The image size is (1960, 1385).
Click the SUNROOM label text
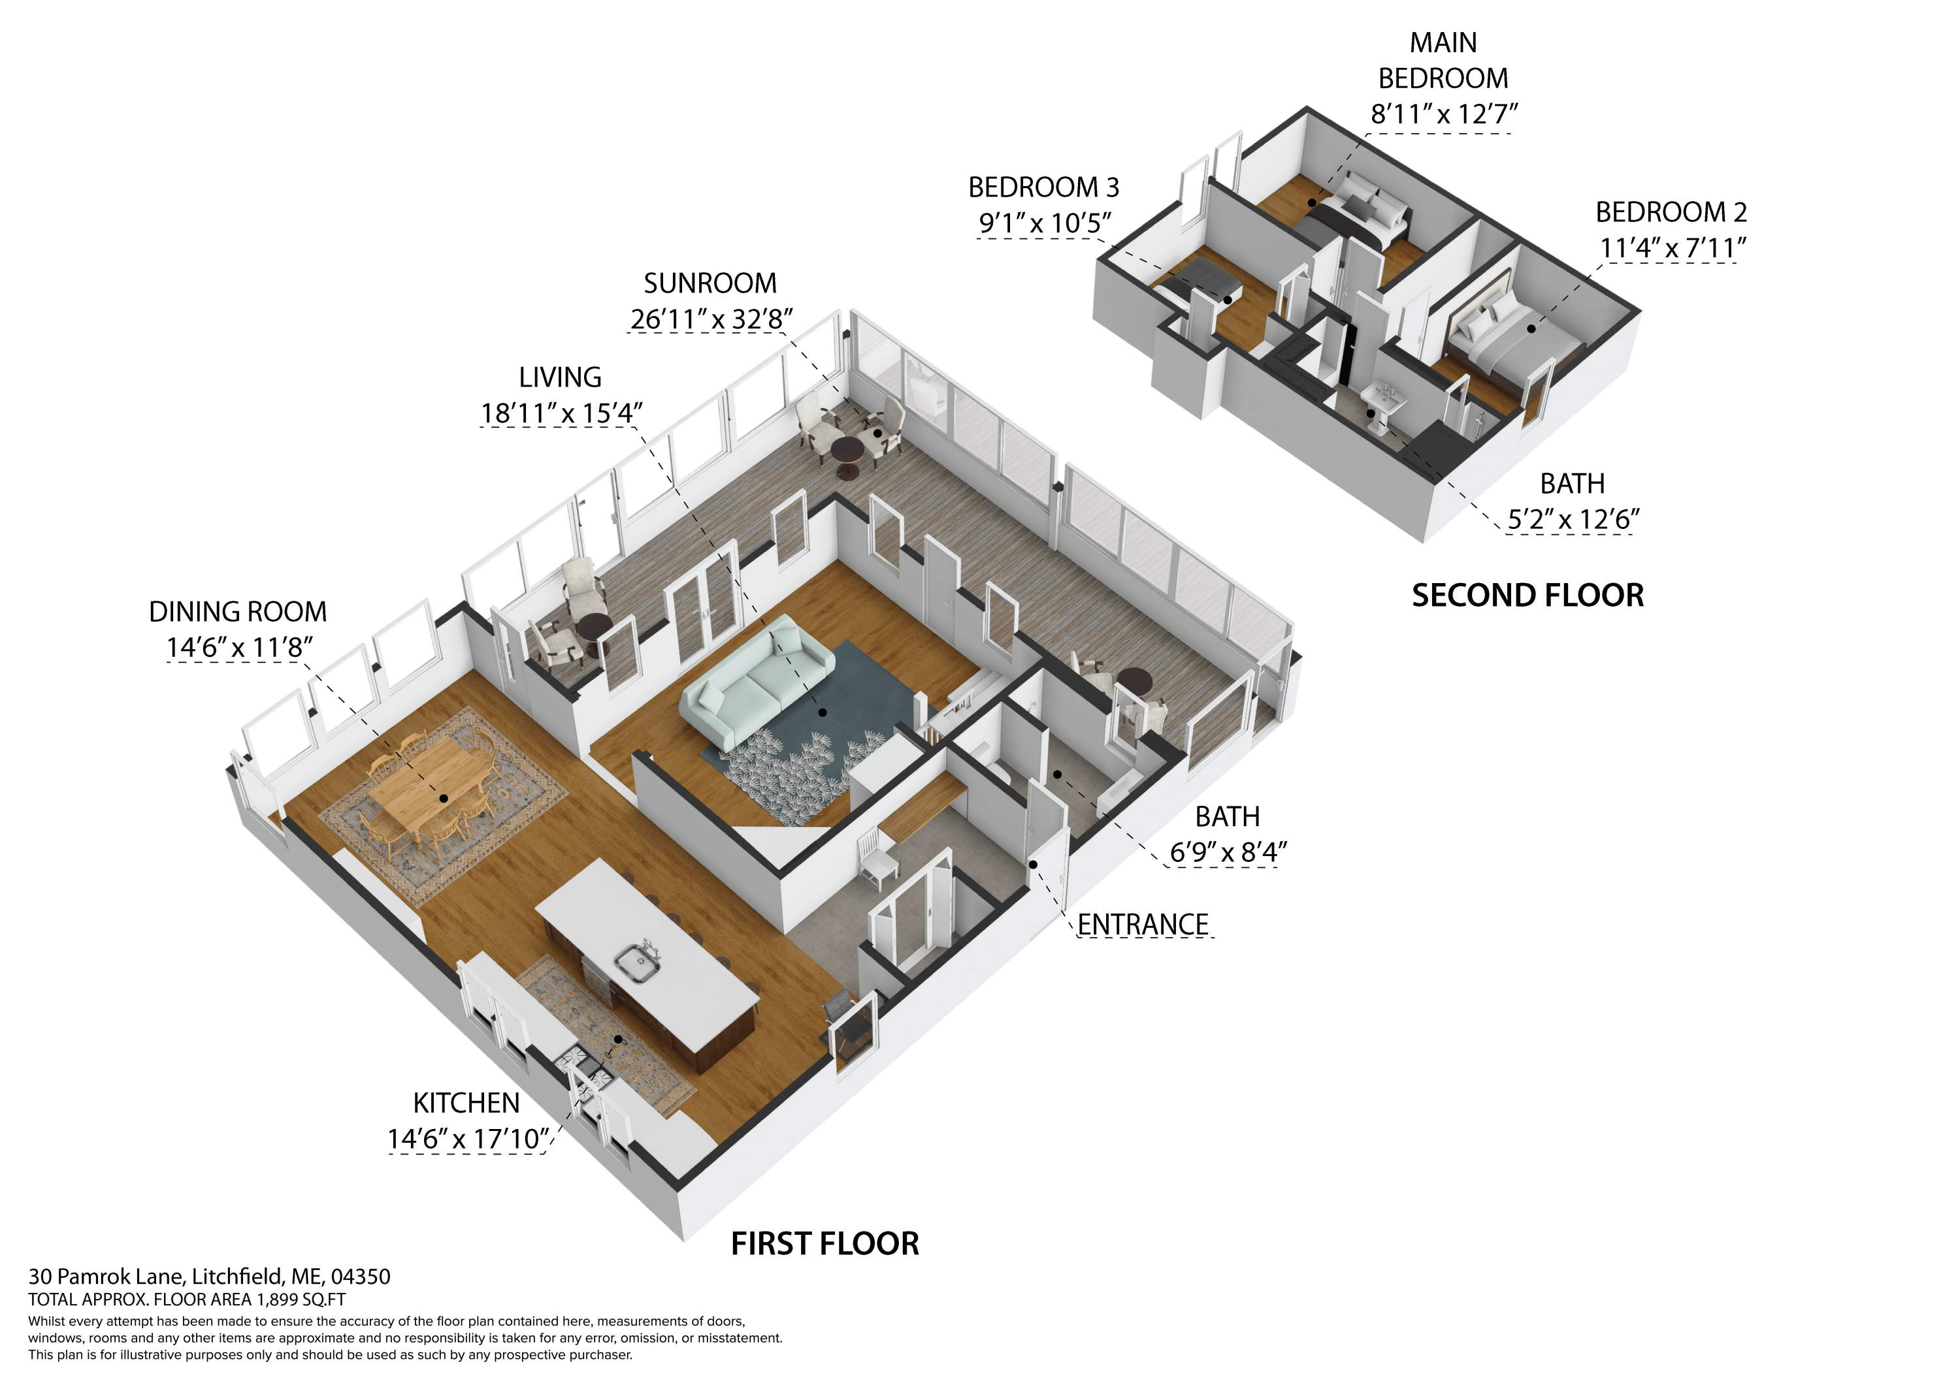710,283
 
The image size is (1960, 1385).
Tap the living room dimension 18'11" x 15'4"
561,413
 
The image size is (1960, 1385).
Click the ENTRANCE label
1143,924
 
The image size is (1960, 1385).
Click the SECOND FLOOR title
1528,595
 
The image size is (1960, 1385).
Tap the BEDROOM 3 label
1043,187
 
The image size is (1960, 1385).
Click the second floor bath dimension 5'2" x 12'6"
1573,519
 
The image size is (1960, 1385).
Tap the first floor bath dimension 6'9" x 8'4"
1228,852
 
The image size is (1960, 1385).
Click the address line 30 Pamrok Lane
209,1277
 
